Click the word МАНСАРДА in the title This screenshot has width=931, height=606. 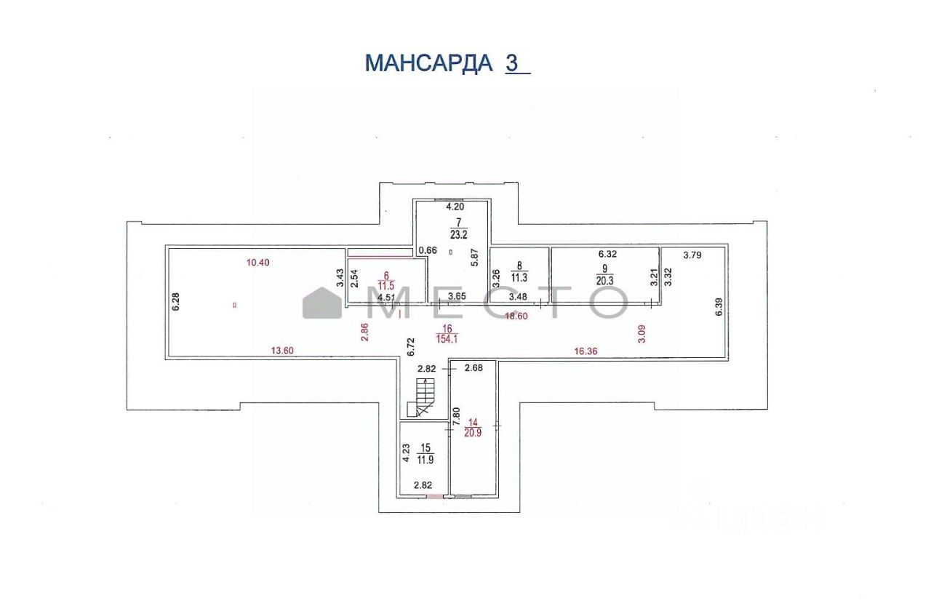[x=428, y=63]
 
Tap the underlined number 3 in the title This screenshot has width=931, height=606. [x=513, y=63]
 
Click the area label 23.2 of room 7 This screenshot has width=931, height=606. [x=458, y=235]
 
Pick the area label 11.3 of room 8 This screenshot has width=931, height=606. [x=518, y=276]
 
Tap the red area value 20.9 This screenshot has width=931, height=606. [x=474, y=432]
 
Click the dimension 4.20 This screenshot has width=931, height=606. [x=454, y=207]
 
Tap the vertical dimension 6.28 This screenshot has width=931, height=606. [x=175, y=301]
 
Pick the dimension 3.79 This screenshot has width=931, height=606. [x=696, y=255]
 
